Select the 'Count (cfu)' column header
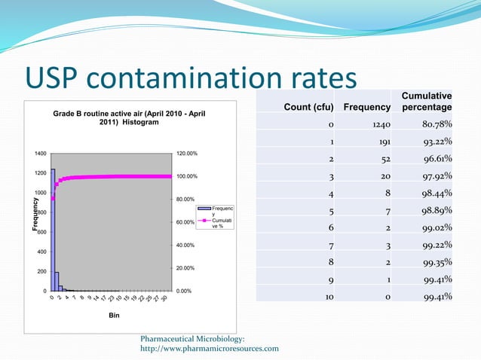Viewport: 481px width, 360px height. click(308, 108)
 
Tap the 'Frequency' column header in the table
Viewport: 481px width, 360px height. click(367, 108)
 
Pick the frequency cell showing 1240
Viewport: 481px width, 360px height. click(379, 124)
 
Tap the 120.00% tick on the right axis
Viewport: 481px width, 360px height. click(186, 154)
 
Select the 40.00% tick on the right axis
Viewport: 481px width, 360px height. click(186, 246)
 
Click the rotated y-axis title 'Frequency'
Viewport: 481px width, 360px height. click(35, 215)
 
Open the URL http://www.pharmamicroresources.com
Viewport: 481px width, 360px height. click(210, 348)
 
